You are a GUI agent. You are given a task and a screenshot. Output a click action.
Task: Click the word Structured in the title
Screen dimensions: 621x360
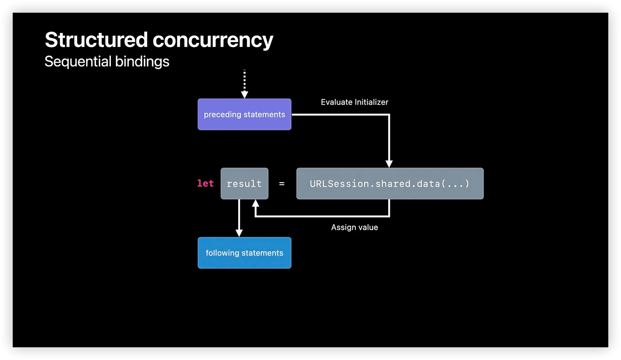coord(96,39)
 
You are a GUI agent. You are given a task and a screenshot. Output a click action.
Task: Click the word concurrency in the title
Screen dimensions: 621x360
coord(213,41)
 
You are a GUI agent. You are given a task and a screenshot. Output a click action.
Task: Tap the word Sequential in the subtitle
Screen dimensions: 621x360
coord(78,62)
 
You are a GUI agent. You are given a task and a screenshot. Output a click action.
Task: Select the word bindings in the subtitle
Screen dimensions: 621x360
coord(142,62)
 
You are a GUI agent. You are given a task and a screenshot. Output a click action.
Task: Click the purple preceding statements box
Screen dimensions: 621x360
coord(244,114)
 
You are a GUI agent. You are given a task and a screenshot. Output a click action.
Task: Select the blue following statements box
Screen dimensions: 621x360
coord(244,253)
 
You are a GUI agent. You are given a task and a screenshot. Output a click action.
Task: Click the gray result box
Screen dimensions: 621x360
coord(244,184)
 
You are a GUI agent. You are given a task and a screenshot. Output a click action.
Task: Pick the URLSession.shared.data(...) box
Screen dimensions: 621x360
coord(390,184)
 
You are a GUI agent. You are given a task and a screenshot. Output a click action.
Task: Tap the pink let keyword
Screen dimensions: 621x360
coord(205,183)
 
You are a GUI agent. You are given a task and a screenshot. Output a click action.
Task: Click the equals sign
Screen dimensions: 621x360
coord(282,184)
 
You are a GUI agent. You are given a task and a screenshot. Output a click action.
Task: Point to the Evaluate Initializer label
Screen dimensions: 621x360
coord(354,102)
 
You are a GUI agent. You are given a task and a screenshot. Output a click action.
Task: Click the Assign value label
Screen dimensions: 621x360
coord(354,227)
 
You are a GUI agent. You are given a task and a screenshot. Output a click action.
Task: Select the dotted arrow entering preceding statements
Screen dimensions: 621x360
coord(244,84)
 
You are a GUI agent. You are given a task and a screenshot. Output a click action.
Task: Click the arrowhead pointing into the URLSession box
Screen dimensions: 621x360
coord(389,164)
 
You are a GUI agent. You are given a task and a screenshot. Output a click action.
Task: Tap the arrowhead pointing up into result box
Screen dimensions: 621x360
coord(255,203)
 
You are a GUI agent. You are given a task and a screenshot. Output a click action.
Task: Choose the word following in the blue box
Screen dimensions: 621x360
coord(222,253)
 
